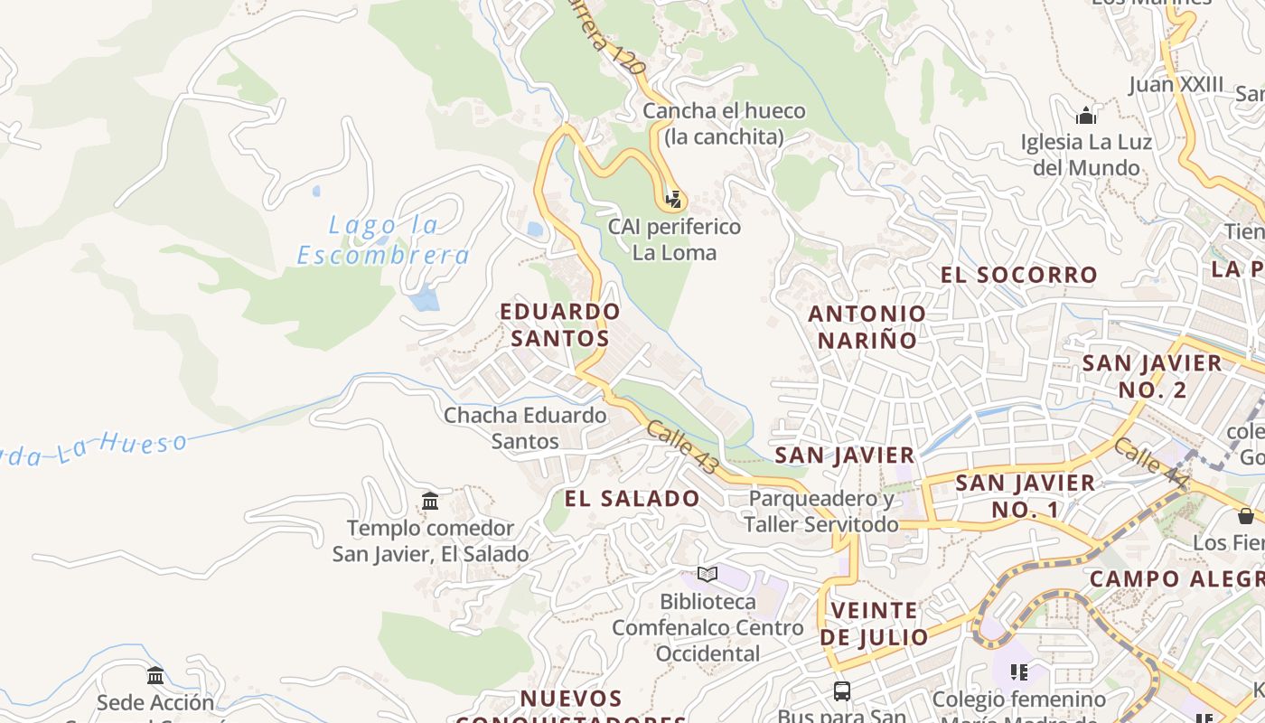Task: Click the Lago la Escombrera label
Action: pyautogui.click(x=383, y=240)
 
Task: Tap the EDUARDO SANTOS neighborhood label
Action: pyautogui.click(x=560, y=325)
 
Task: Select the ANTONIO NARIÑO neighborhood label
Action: pyautogui.click(x=867, y=327)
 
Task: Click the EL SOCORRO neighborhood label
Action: pyautogui.click(x=1019, y=275)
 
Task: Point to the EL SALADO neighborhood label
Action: pyautogui.click(x=632, y=499)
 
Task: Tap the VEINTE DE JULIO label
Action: pyautogui.click(x=874, y=624)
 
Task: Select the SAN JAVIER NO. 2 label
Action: pyautogui.click(x=1152, y=377)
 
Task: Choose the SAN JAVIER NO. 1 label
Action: pyautogui.click(x=1026, y=496)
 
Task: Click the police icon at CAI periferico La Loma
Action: pyautogui.click(x=673, y=199)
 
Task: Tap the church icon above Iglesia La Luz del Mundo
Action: pyautogui.click(x=1086, y=116)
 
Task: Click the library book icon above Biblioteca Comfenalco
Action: pyautogui.click(x=707, y=574)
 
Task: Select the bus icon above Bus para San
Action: pyautogui.click(x=842, y=691)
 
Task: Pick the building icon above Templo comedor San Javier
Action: pyautogui.click(x=430, y=501)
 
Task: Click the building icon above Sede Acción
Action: pyautogui.click(x=155, y=675)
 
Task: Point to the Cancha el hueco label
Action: pyautogui.click(x=724, y=124)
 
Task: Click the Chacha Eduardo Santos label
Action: pyautogui.click(x=525, y=428)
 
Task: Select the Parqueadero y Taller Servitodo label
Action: pyautogui.click(x=821, y=512)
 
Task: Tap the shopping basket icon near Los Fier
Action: pyautogui.click(x=1246, y=516)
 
